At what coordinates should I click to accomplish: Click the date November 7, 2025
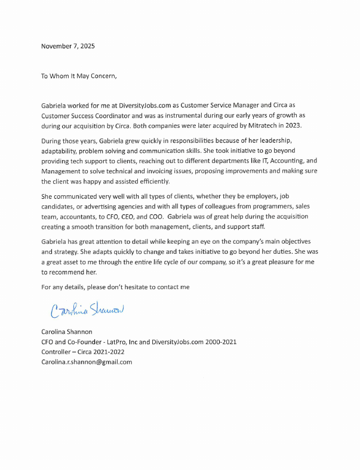click(67, 46)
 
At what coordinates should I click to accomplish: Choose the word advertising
click(97, 207)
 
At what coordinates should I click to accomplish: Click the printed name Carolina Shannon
click(67, 331)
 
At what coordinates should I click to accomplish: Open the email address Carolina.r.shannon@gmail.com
click(87, 362)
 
